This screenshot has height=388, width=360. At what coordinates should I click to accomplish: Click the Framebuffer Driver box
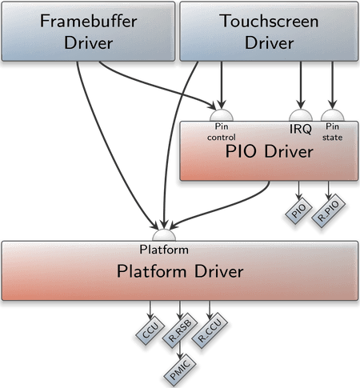coord(88,31)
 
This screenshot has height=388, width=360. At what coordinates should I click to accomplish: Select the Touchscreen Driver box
coord(269,31)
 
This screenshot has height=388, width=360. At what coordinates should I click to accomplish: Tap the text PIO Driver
coord(269,151)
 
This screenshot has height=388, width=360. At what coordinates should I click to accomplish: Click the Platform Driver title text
coord(180,271)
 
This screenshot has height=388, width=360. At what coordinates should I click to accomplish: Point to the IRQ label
coord(301,129)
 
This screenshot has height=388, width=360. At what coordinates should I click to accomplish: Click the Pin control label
coord(222,132)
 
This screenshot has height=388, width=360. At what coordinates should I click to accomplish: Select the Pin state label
coord(332,132)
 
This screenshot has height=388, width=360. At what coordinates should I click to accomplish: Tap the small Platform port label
coord(164,250)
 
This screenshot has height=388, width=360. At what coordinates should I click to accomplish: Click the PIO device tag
coord(298,210)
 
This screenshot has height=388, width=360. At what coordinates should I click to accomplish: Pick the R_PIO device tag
coord(329,210)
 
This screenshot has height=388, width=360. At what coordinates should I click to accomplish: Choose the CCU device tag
coord(150,330)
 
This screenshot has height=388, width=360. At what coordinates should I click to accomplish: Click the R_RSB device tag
coord(180,330)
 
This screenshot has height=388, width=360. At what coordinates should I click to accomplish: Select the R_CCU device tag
coord(210,330)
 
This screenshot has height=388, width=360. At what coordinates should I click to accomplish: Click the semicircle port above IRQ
coord(301,115)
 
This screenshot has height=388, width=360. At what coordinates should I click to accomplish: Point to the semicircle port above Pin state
coord(333,115)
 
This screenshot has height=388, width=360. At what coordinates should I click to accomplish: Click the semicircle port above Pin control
coord(222,115)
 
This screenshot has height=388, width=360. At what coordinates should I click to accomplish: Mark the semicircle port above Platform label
coord(164,235)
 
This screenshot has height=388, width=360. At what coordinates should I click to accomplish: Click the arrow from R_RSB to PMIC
coord(180,350)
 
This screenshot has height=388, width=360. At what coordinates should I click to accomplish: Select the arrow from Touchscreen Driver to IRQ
coord(301,85)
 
